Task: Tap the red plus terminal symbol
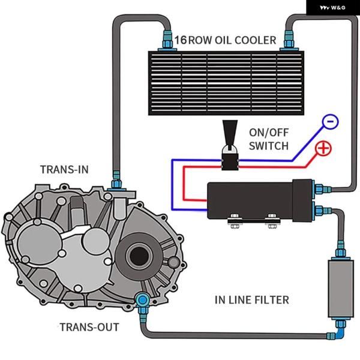323,148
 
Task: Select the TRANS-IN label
64,169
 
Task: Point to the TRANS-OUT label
89,327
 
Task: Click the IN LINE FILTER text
252,299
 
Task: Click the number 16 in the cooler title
180,40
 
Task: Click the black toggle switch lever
229,133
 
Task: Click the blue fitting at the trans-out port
142,301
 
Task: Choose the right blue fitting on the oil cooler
289,41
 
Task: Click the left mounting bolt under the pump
232,224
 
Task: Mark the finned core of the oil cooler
225,82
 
